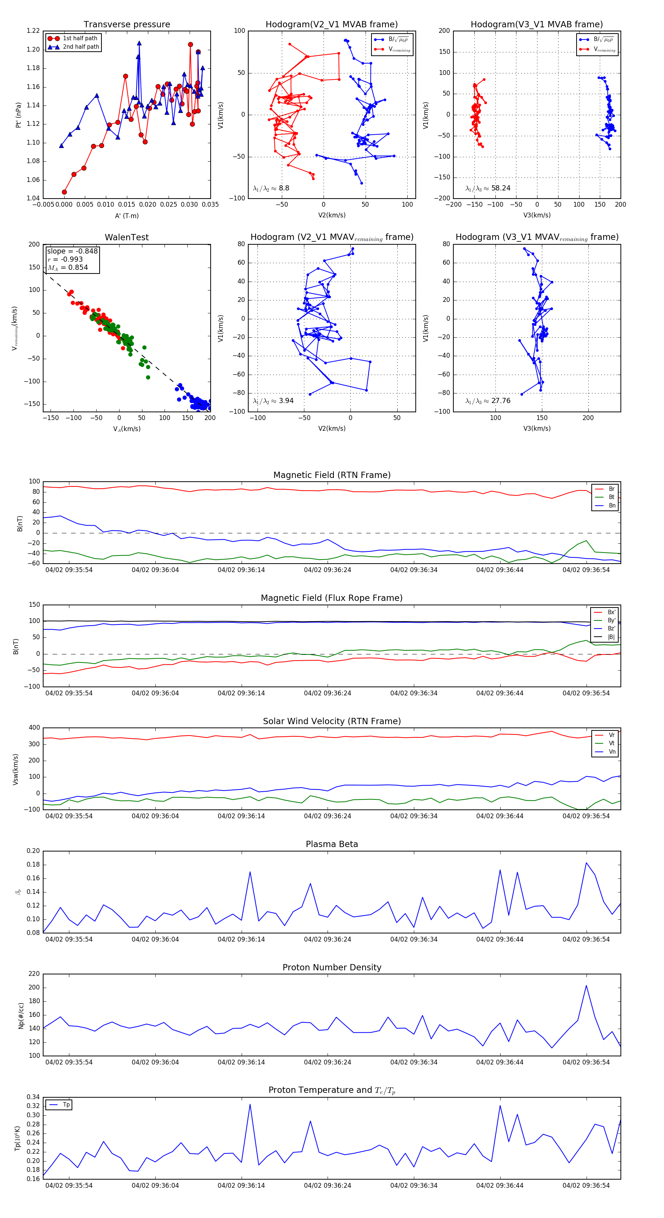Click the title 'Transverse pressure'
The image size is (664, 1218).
click(127, 25)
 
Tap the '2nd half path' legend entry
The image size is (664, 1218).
click(81, 47)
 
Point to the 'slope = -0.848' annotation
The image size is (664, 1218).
click(72, 251)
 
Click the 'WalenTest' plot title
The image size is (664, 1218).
click(127, 237)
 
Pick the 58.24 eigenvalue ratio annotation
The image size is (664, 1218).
click(488, 188)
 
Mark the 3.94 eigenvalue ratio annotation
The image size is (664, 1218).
click(273, 401)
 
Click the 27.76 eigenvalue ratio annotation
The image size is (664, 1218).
click(488, 401)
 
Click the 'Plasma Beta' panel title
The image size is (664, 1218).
click(332, 844)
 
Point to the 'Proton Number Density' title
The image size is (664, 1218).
click(332, 967)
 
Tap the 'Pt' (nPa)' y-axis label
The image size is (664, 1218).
click(18, 115)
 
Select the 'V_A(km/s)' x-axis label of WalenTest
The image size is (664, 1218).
click(127, 429)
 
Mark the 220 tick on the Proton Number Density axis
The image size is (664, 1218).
click(34, 974)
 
